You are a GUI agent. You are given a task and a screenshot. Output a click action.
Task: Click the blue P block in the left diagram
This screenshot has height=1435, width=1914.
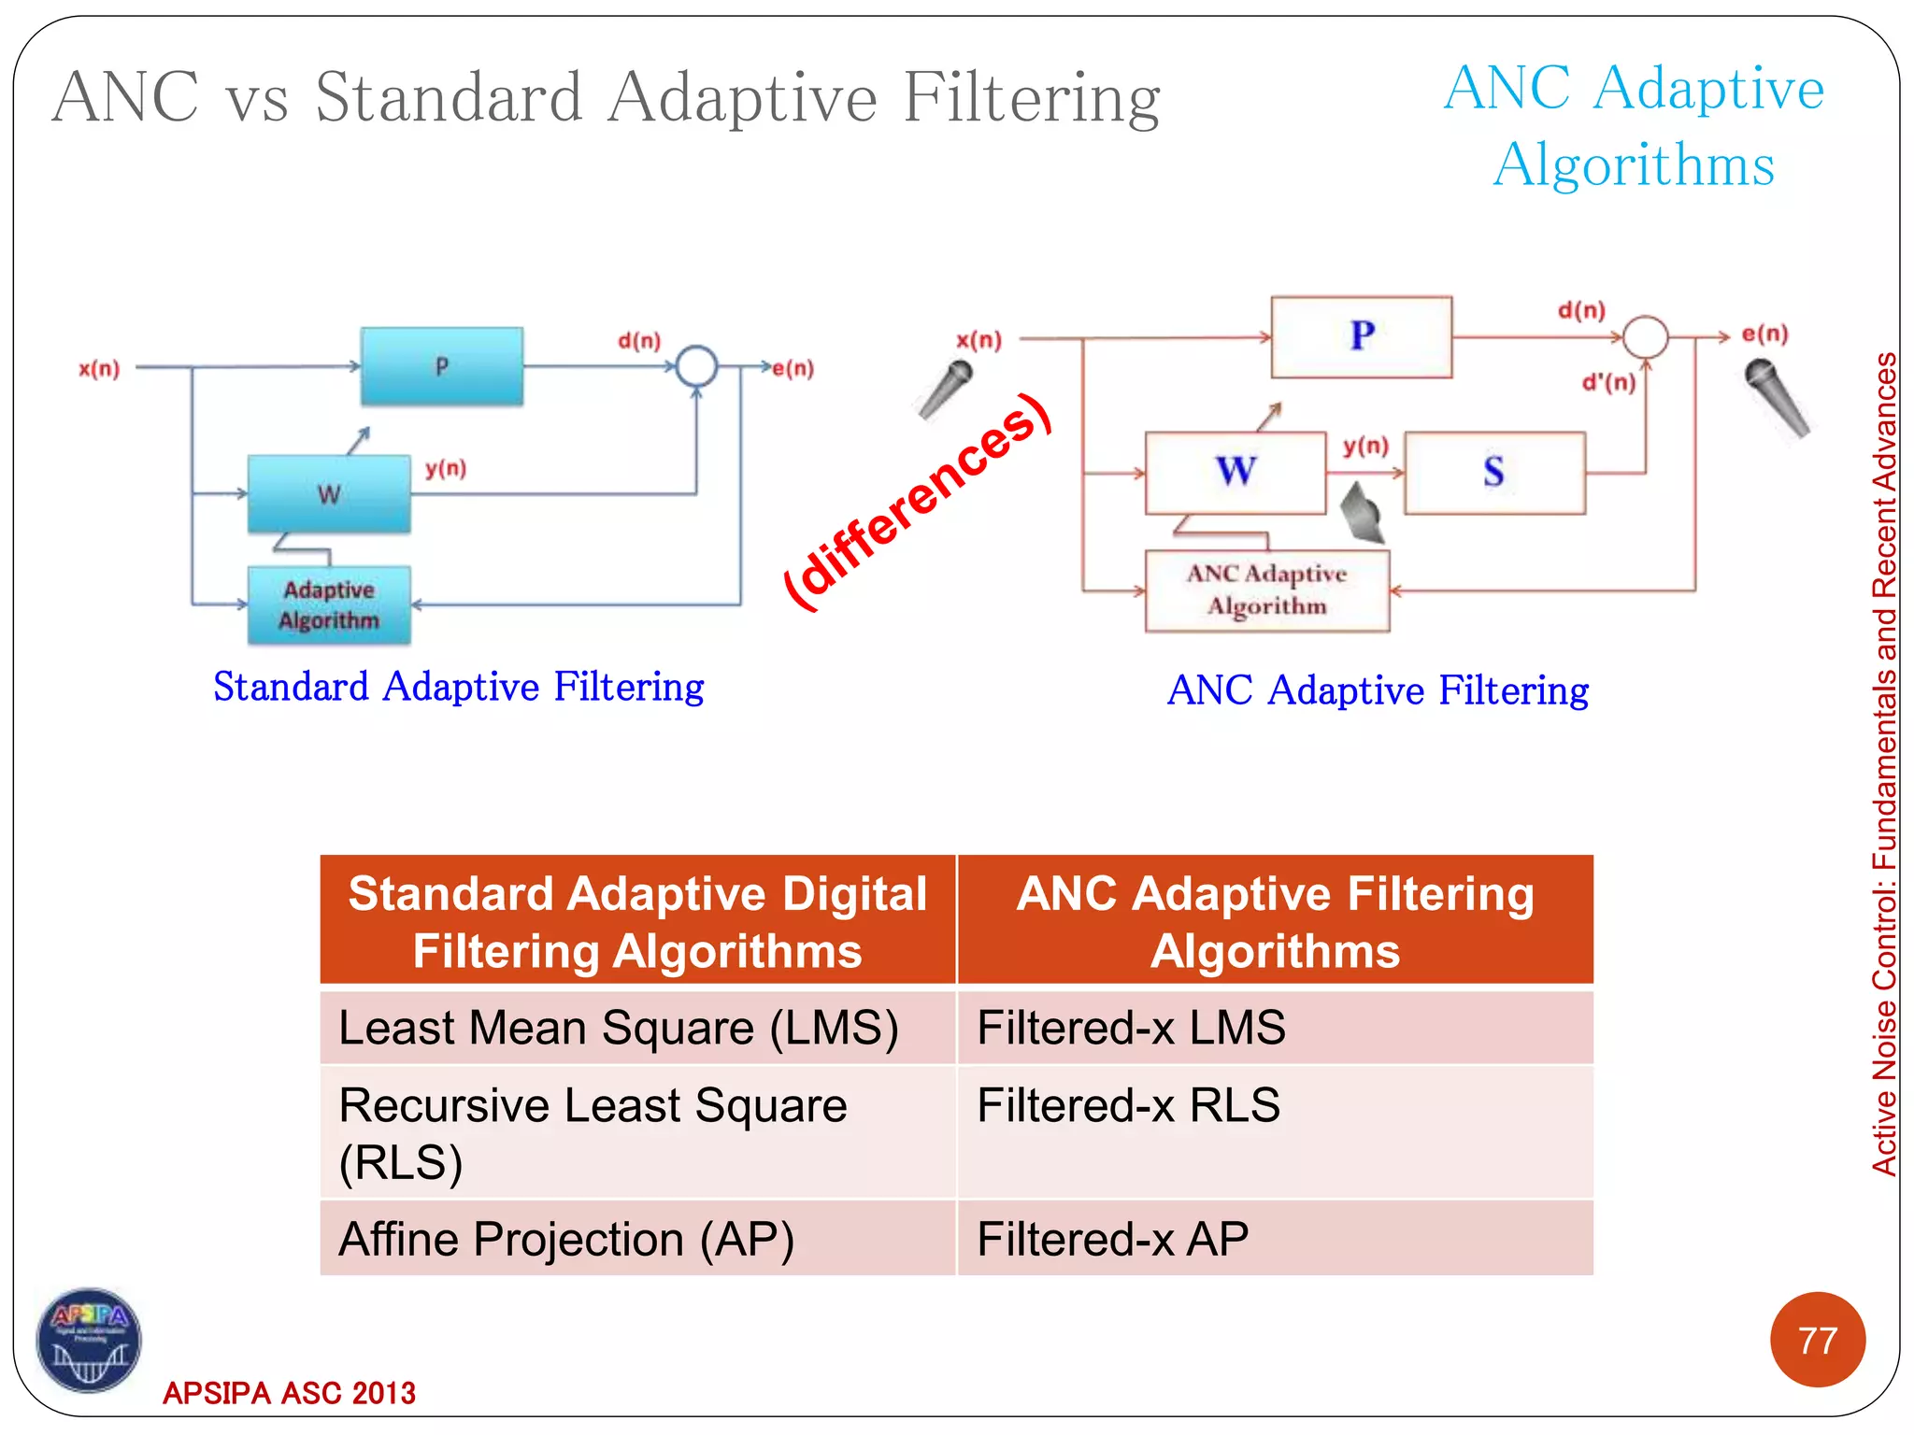tap(441, 366)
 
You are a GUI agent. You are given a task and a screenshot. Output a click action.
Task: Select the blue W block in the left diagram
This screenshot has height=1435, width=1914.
tap(329, 494)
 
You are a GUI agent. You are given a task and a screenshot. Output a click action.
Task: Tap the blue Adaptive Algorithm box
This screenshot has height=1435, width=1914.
tap(329, 605)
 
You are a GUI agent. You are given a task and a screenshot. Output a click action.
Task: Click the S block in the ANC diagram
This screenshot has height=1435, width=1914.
tap(1494, 473)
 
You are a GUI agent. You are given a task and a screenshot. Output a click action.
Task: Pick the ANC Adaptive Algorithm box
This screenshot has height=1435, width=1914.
tap(1266, 590)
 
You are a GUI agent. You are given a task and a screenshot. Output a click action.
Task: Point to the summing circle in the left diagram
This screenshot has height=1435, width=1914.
tap(696, 366)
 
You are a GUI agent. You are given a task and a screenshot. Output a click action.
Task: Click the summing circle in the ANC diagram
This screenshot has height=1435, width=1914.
tap(1645, 337)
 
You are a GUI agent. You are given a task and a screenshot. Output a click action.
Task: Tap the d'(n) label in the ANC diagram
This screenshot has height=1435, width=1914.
tap(1608, 382)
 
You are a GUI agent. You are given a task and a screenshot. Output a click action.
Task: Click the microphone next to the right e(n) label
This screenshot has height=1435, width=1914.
tap(1777, 397)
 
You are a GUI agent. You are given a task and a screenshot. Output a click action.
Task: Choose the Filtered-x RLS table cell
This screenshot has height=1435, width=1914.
tap(1275, 1131)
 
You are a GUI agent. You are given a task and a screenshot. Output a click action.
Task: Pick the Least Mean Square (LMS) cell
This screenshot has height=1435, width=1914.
tap(637, 1028)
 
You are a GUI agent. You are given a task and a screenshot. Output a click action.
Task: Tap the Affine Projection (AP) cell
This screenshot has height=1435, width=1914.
tap(637, 1239)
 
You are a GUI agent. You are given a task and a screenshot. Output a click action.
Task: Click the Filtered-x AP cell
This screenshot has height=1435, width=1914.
tap(1275, 1239)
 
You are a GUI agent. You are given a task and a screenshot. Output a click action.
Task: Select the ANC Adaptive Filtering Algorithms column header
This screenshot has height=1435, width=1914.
tap(1275, 921)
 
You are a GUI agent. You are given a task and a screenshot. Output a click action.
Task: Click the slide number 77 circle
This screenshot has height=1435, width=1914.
tap(1817, 1340)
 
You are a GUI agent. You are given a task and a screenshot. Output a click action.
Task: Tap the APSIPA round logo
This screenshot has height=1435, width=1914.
tap(89, 1341)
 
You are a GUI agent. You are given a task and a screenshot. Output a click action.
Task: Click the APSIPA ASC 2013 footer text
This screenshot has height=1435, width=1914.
tap(289, 1393)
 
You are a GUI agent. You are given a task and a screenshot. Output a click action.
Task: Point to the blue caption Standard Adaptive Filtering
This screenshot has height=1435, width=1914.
tap(458, 687)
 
